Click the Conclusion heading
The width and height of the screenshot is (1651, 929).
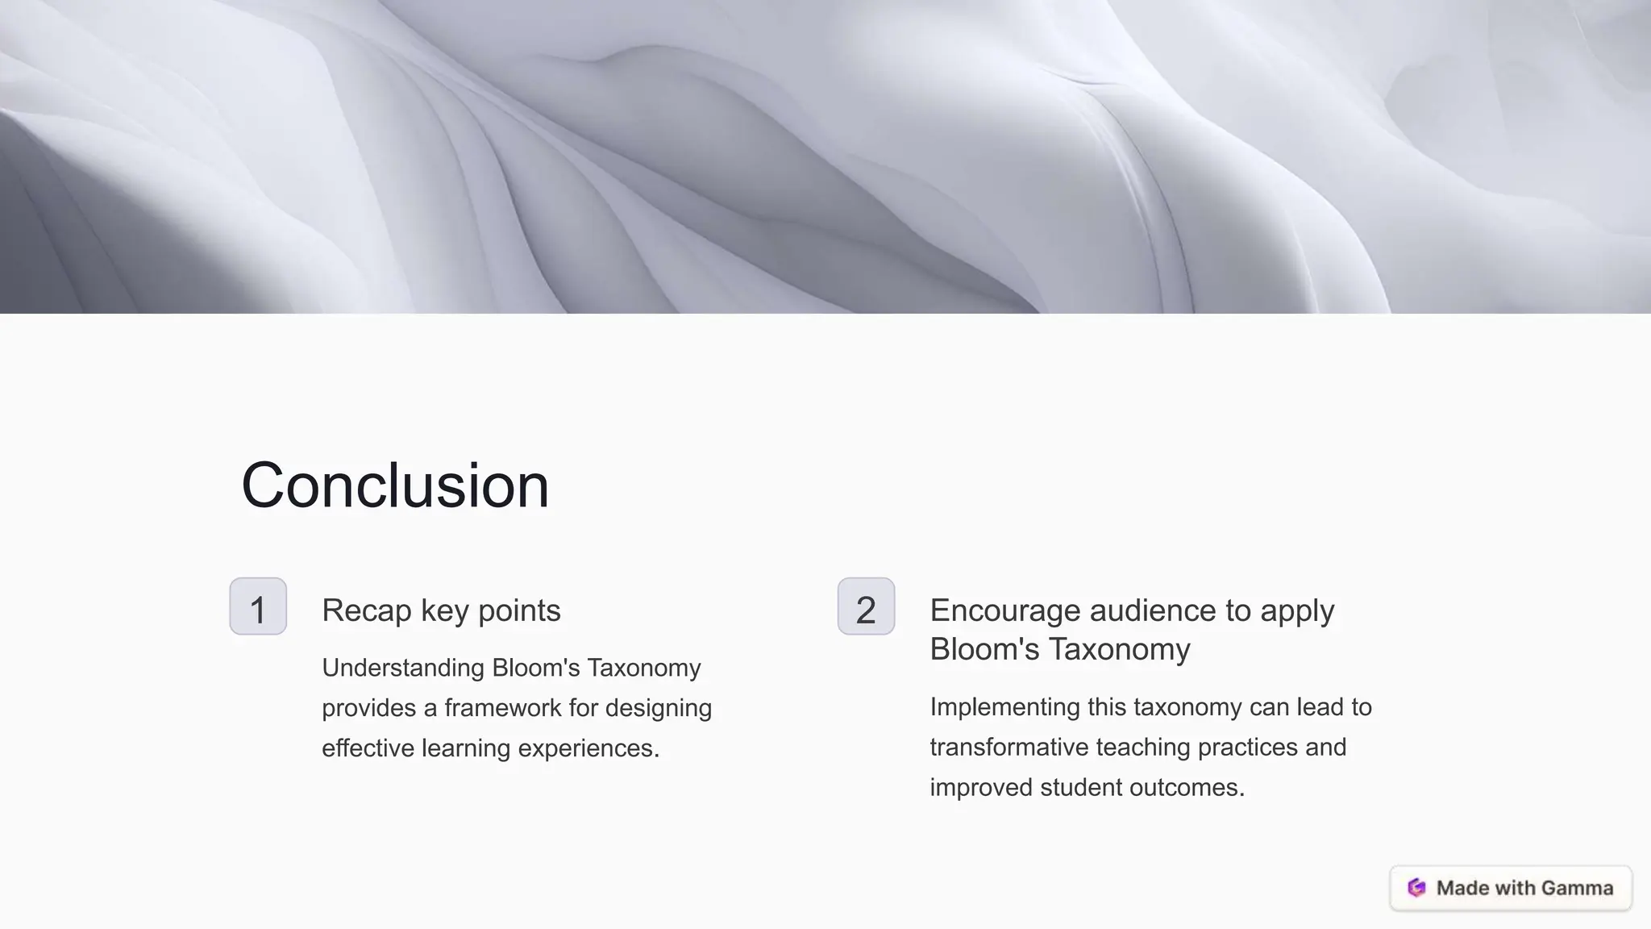(x=395, y=485)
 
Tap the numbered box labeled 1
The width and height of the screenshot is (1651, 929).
(x=258, y=606)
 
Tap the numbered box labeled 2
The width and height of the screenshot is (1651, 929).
(x=866, y=606)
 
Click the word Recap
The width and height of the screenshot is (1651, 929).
(x=366, y=610)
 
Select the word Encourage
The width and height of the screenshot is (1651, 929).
(x=1004, y=610)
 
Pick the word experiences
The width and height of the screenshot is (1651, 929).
(x=588, y=748)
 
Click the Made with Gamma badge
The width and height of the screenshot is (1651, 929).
(x=1511, y=888)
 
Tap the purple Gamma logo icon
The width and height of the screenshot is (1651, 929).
(x=1416, y=888)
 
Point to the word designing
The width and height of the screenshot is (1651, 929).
(x=658, y=708)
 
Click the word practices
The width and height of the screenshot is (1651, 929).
(x=1247, y=747)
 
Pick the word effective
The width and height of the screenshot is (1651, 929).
(x=368, y=748)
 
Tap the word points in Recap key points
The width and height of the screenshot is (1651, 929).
(x=518, y=610)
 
